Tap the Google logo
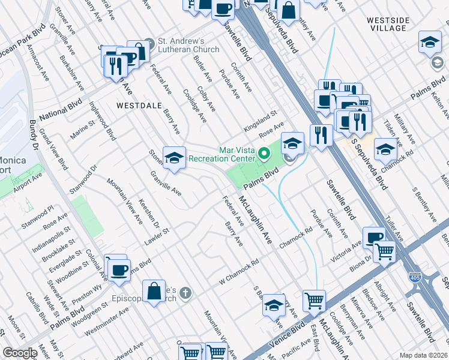click(x=20, y=353)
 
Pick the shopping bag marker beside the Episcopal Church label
click(x=154, y=290)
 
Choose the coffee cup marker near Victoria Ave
click(x=374, y=238)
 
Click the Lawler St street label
click(x=157, y=236)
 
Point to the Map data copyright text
click(x=423, y=355)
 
